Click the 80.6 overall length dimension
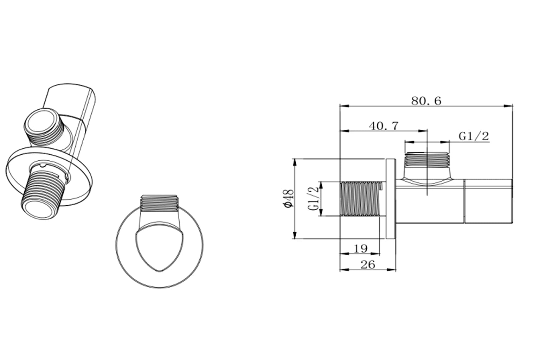(426, 101)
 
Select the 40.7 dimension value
(384, 126)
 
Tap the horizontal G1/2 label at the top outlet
(474, 136)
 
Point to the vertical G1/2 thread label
(314, 199)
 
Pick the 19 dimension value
(360, 249)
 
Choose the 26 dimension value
(368, 264)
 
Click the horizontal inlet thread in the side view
(360, 199)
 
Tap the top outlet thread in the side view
(427, 160)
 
